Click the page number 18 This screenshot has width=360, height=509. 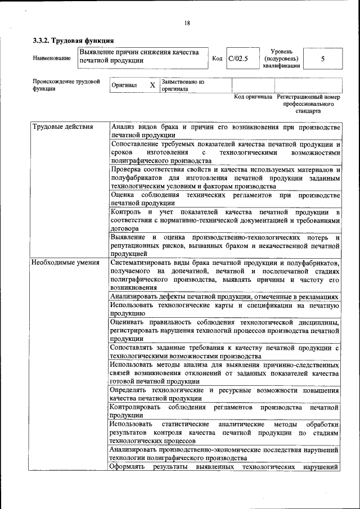click(x=186, y=23)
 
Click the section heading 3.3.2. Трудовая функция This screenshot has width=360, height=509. click(x=73, y=40)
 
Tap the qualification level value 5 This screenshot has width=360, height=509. click(x=322, y=58)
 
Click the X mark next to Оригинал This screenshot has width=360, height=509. click(x=152, y=85)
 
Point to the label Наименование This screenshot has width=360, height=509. click(x=52, y=58)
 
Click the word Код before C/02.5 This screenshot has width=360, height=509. click(x=217, y=58)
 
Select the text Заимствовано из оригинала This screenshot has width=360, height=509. click(x=182, y=85)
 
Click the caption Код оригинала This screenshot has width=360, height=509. click(x=253, y=97)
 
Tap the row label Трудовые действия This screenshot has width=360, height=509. click(x=62, y=126)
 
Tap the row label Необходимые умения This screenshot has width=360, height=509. click(x=65, y=262)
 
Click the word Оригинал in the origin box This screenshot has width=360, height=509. click(x=124, y=85)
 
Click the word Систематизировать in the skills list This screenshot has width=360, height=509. click(x=143, y=263)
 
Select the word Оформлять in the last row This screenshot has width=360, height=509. click(x=128, y=467)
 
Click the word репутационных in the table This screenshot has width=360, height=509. click(x=138, y=246)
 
